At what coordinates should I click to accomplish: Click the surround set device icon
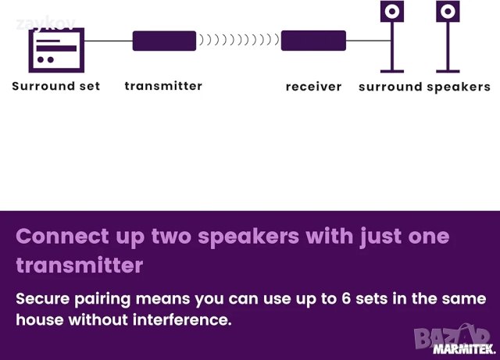pyautogui.click(x=56, y=49)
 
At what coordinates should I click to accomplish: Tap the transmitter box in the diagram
pyautogui.click(x=164, y=41)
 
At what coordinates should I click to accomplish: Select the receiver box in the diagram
pyautogui.click(x=313, y=41)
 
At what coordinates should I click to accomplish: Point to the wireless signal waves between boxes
pyautogui.click(x=238, y=41)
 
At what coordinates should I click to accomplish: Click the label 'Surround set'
pyautogui.click(x=56, y=87)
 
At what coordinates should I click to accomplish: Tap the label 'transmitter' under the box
pyautogui.click(x=163, y=86)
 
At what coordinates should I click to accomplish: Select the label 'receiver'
pyautogui.click(x=313, y=87)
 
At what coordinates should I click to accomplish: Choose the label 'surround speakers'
pyautogui.click(x=424, y=87)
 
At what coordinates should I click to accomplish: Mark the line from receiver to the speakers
pyautogui.click(x=367, y=41)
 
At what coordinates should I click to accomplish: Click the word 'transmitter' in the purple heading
pyautogui.click(x=80, y=266)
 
